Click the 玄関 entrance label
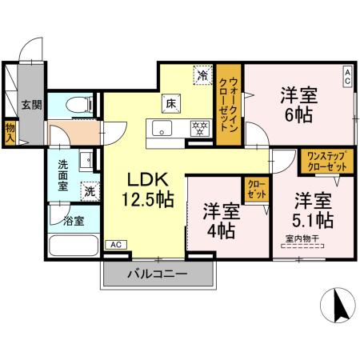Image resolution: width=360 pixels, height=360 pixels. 31,105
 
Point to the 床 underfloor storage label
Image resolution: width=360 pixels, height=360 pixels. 170,102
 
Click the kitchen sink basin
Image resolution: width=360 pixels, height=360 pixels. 160,130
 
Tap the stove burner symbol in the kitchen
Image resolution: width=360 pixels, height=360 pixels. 198,127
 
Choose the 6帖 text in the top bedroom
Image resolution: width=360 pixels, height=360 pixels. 298,114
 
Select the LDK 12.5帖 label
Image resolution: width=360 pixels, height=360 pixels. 146,190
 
